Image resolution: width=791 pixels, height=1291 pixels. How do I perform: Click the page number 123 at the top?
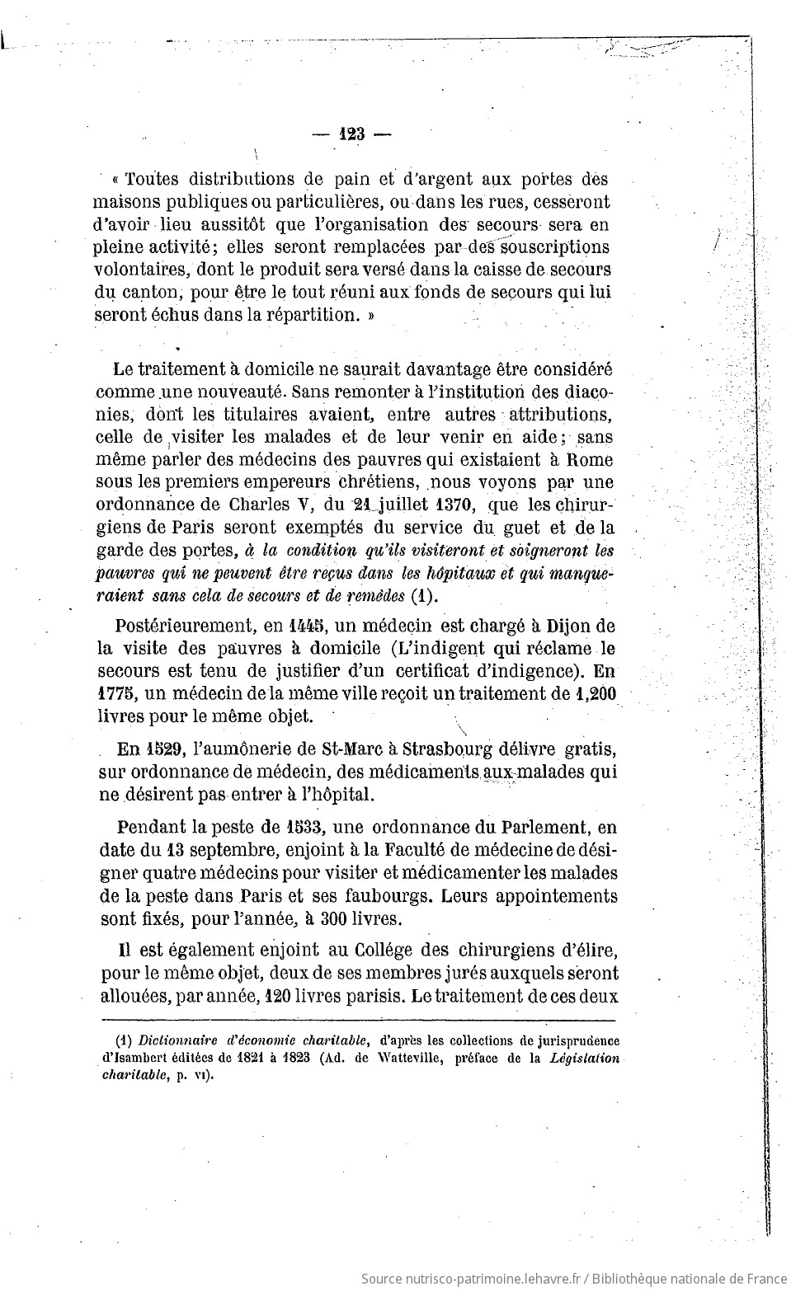(351, 135)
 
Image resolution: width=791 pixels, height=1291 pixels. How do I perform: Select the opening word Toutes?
(151, 179)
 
